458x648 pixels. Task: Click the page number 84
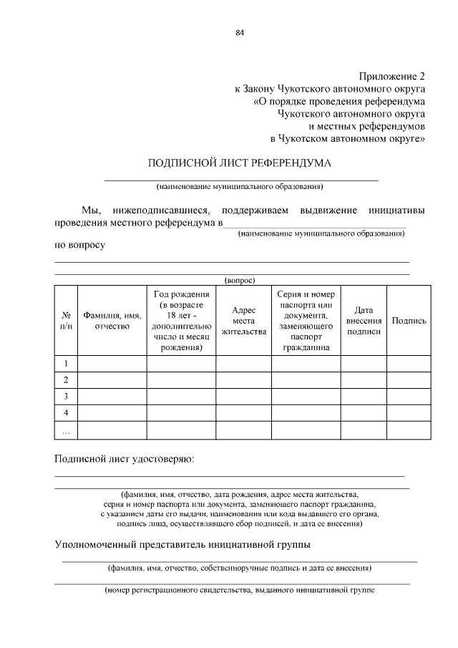pyautogui.click(x=240, y=32)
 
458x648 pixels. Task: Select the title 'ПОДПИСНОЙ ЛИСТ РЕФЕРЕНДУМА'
pyautogui.click(x=240, y=163)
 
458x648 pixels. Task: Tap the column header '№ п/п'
pyautogui.click(x=66, y=321)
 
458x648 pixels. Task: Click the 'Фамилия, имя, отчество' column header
pyautogui.click(x=112, y=321)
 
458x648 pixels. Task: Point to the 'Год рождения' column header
pyautogui.click(x=181, y=321)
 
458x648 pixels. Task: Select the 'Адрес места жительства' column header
pyautogui.click(x=243, y=321)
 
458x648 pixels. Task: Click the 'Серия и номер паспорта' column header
pyautogui.click(x=306, y=321)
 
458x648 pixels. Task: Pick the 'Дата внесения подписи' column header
pyautogui.click(x=364, y=321)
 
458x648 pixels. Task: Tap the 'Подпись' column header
pyautogui.click(x=409, y=321)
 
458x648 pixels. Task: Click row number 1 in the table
pyautogui.click(x=66, y=364)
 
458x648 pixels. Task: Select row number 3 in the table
pyautogui.click(x=66, y=397)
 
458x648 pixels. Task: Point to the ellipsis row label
pyautogui.click(x=66, y=430)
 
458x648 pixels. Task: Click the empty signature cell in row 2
pyautogui.click(x=409, y=380)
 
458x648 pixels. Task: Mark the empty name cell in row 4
pyautogui.click(x=112, y=413)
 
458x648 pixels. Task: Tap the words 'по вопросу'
pyautogui.click(x=80, y=245)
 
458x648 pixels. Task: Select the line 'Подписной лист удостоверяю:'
pyautogui.click(x=125, y=458)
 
